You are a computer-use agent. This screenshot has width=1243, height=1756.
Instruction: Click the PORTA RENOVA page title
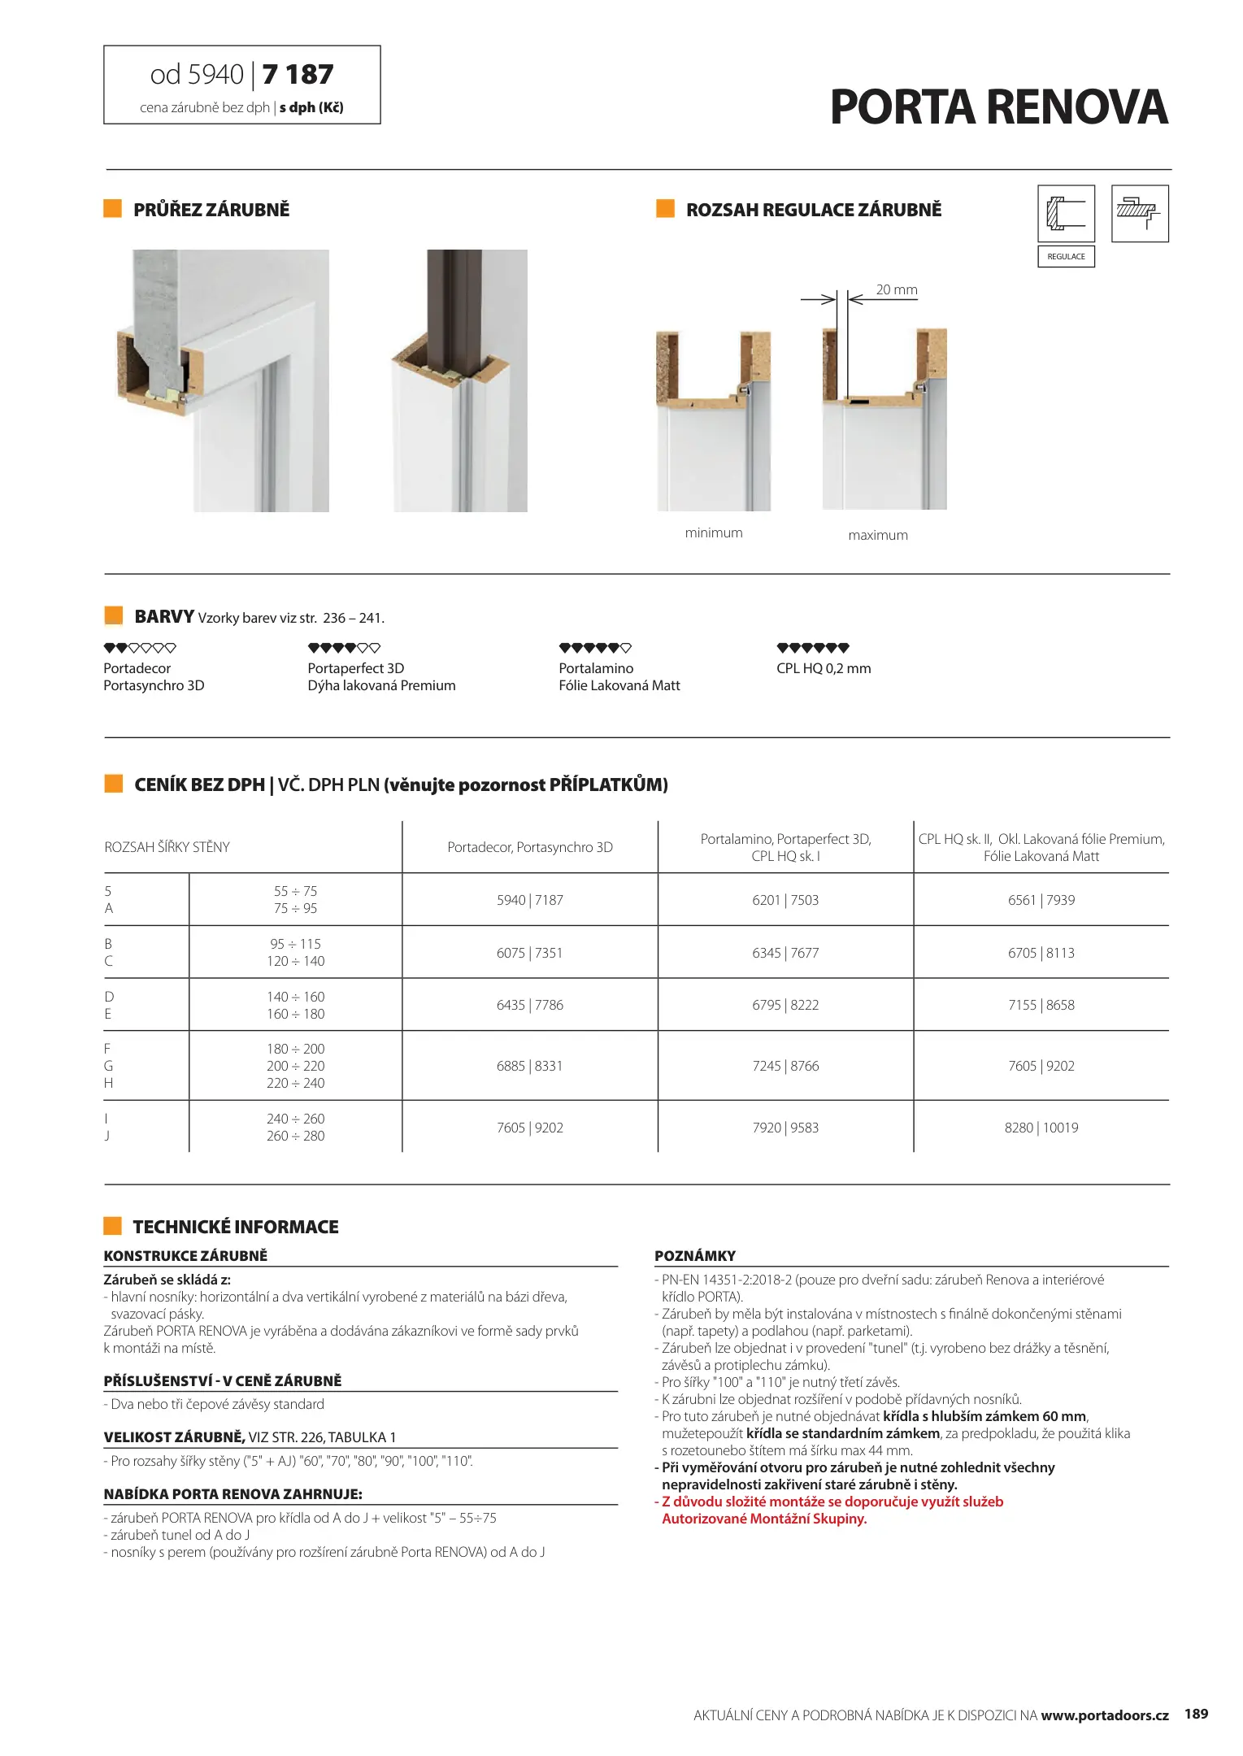(x=998, y=107)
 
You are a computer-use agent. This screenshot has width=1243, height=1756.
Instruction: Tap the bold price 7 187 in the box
(x=298, y=75)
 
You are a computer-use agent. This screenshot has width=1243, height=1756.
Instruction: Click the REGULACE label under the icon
(x=1066, y=257)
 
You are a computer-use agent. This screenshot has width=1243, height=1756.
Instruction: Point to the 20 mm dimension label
(x=896, y=290)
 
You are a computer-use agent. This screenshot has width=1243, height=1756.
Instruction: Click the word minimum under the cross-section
(x=713, y=533)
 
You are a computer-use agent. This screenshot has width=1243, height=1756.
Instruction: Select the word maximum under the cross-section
(x=877, y=536)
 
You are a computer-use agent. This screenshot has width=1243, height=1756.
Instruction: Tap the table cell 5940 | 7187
(x=529, y=900)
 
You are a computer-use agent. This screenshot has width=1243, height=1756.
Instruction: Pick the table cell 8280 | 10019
(x=1041, y=1128)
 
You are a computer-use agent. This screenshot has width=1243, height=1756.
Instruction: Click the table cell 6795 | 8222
(x=784, y=1005)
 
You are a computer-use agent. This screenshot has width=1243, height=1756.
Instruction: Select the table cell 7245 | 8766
(x=784, y=1066)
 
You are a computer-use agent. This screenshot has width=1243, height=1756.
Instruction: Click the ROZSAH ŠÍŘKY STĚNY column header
(x=167, y=847)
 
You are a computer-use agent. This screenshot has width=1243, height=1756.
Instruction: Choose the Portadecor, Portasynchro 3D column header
(x=529, y=847)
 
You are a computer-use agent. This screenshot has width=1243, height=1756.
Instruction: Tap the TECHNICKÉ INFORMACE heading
(x=235, y=1227)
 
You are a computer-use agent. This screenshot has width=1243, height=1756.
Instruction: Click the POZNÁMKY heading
(x=695, y=1256)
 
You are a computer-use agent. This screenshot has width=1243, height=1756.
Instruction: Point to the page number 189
(x=1196, y=1714)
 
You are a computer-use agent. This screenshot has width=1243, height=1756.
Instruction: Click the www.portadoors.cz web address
(x=1104, y=1715)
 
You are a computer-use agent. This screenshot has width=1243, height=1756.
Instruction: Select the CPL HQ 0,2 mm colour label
(x=823, y=668)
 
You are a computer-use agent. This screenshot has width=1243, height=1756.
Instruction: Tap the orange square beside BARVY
(x=114, y=615)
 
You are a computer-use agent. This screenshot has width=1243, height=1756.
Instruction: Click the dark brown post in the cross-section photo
(x=454, y=309)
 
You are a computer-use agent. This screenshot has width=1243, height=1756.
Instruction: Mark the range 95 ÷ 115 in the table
(x=295, y=944)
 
